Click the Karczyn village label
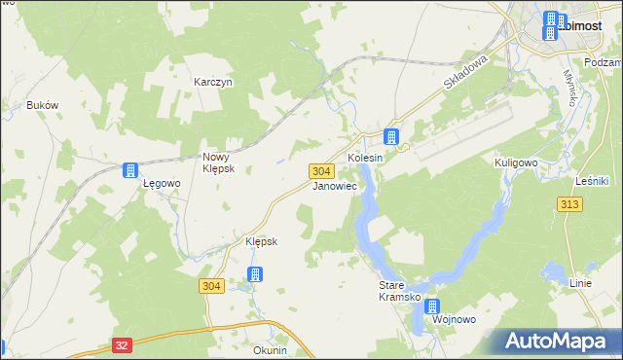click(212, 83)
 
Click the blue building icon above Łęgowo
click(129, 171)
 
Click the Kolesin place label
click(366, 158)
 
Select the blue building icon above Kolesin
click(391, 137)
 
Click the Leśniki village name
click(592, 180)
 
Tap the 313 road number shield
click(570, 203)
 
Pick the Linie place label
click(580, 283)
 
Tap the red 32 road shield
click(121, 344)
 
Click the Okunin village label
click(270, 350)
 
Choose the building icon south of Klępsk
click(254, 274)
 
